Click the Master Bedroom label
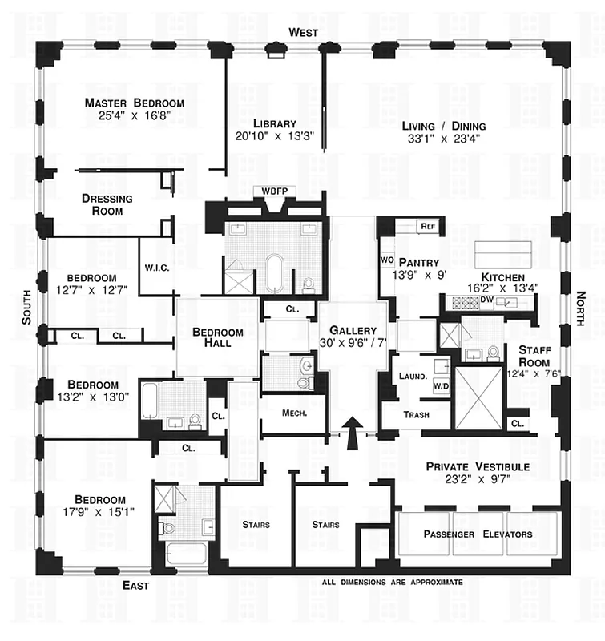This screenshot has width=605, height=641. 135,103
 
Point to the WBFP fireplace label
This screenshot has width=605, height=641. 268,191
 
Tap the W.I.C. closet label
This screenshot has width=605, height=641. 155,268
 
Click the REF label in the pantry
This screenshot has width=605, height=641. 427,227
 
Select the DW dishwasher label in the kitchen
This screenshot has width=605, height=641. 486,301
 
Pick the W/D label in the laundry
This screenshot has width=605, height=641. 440,386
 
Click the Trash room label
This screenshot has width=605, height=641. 417,415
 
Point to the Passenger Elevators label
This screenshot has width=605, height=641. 478,534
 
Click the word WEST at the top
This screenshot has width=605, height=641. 304,32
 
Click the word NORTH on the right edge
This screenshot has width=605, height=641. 581,308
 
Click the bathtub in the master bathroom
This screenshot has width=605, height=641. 274,274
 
